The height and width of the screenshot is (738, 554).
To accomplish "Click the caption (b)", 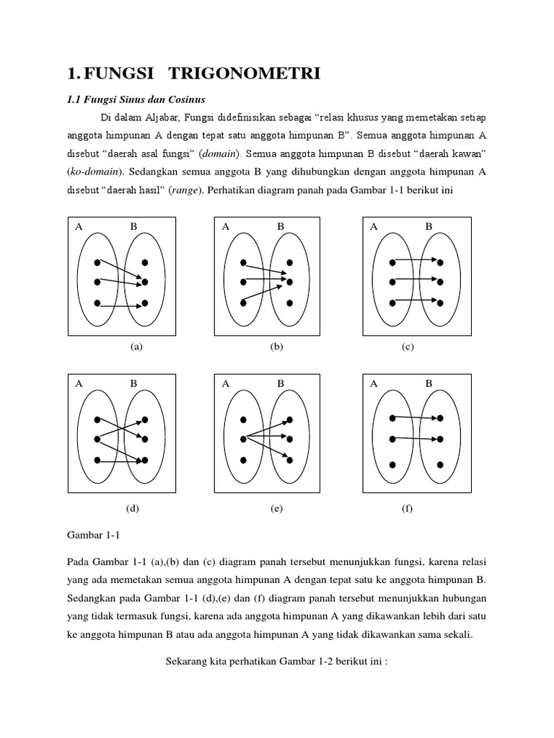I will click(x=276, y=347).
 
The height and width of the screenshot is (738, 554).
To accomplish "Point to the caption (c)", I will click(x=408, y=347).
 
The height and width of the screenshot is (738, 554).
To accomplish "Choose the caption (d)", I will click(x=132, y=508).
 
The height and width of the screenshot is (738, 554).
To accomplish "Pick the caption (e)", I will click(x=276, y=508).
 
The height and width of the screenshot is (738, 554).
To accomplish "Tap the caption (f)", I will click(x=408, y=508).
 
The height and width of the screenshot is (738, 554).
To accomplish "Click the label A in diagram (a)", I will click(x=79, y=226).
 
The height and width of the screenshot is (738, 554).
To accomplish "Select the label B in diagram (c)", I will click(x=428, y=226).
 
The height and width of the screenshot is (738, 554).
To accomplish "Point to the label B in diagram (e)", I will click(x=281, y=383).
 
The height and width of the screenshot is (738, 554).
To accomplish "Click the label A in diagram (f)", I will click(x=374, y=383).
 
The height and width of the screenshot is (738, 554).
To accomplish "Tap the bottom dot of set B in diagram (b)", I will click(x=289, y=303).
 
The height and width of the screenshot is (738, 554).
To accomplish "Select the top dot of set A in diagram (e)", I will click(x=243, y=419).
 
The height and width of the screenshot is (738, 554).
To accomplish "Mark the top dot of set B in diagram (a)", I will click(x=145, y=262).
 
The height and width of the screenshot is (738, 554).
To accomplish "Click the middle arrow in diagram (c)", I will click(x=415, y=282).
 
